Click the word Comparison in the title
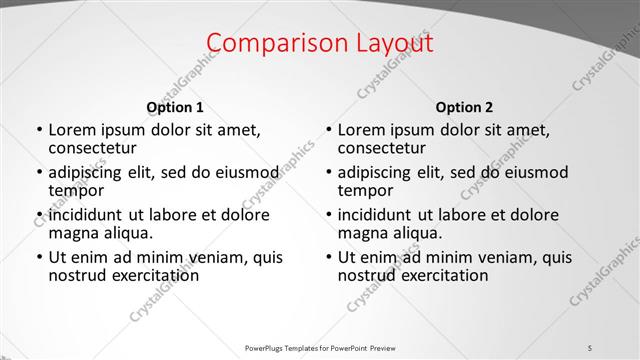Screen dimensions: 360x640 pos(269,43)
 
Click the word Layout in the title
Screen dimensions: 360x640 pos(387,43)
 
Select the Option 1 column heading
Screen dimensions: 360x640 pos(175,107)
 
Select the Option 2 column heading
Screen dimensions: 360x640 pos(464,107)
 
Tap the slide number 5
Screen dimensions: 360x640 pos(590,347)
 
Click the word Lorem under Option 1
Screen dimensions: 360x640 pos(71,130)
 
